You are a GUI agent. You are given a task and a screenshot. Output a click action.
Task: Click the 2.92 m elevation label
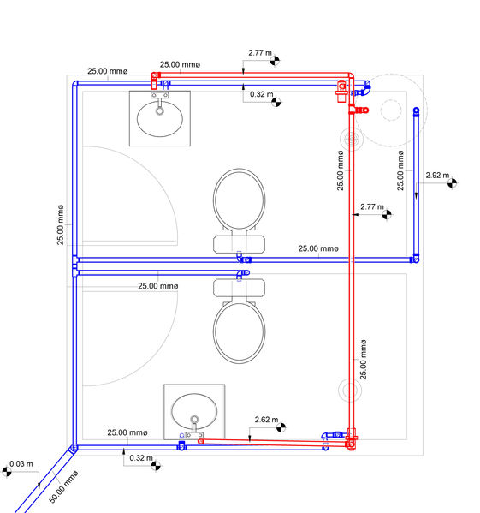point(437,176)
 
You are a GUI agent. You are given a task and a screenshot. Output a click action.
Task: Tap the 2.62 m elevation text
point(266,420)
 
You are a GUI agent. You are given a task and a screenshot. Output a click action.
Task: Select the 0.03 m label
point(21,464)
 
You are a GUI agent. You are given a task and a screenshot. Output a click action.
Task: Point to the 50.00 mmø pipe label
point(63,486)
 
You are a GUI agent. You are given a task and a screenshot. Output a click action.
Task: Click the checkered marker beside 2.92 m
point(453,183)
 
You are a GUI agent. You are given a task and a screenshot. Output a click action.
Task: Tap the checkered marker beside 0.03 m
point(7,472)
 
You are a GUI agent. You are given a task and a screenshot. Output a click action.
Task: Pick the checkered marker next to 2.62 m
point(281,427)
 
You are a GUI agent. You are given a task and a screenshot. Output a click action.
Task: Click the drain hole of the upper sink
point(160,111)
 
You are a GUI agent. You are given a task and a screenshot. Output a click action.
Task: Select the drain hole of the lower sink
point(194,420)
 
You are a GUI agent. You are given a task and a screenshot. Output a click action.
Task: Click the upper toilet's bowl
point(240,200)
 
